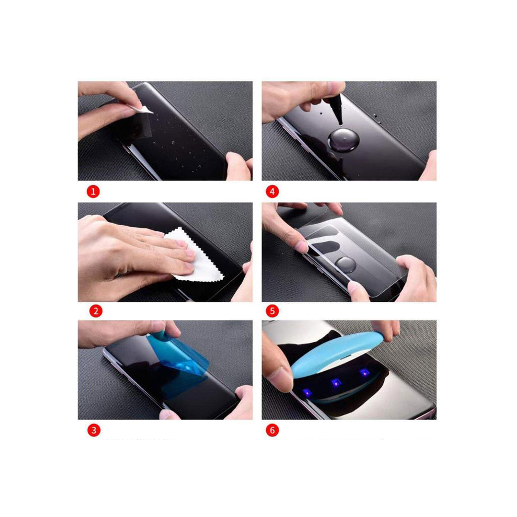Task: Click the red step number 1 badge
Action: [93, 191]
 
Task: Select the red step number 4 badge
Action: [272, 191]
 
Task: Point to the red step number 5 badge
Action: [272, 311]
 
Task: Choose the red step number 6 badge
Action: [272, 431]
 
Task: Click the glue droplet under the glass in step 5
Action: [345, 264]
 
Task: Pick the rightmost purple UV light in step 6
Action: [364, 373]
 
